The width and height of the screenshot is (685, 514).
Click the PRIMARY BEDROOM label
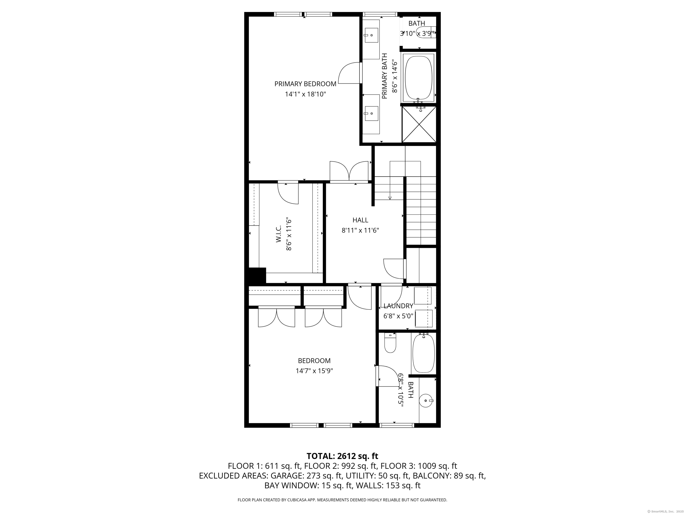pyautogui.click(x=305, y=84)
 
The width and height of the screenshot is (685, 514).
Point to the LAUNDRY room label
pyautogui.click(x=398, y=306)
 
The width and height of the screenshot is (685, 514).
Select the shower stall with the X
pyautogui.click(x=419, y=124)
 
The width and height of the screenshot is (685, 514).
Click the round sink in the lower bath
pyautogui.click(x=426, y=401)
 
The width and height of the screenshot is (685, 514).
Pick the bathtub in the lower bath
pyautogui.click(x=423, y=353)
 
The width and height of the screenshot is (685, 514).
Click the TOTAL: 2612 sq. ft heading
pyautogui.click(x=342, y=456)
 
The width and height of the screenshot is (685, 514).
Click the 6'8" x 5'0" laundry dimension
pyautogui.click(x=398, y=316)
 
